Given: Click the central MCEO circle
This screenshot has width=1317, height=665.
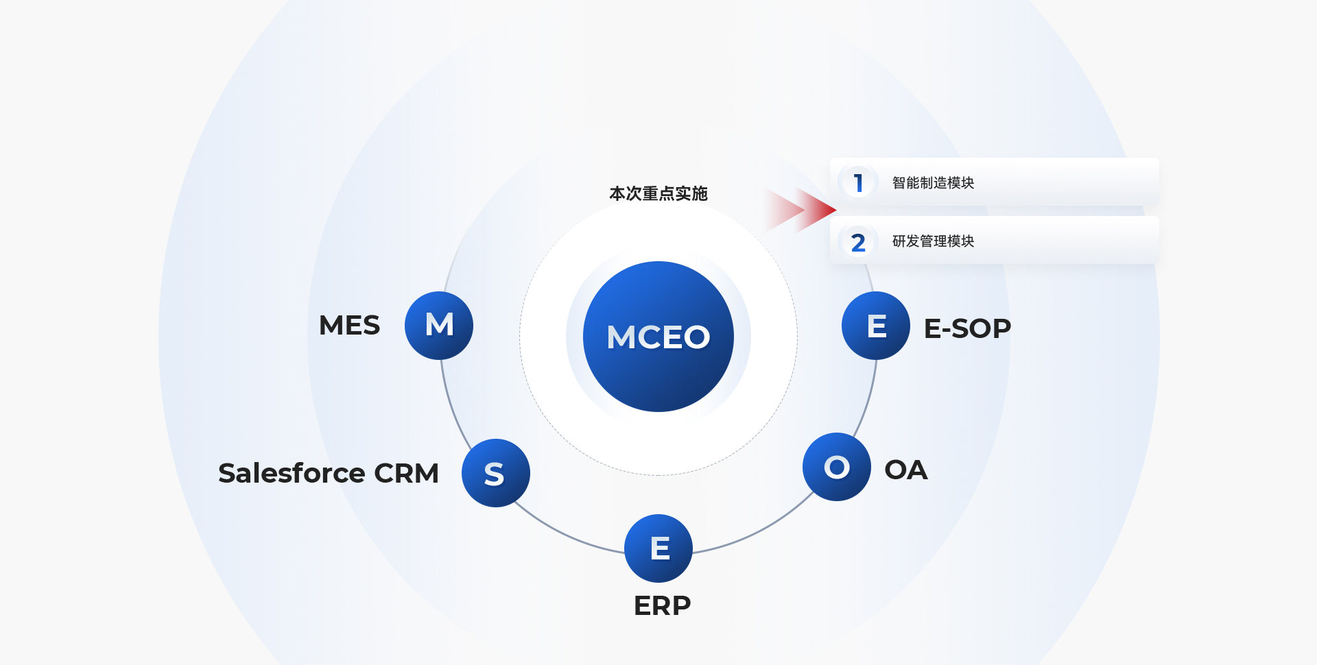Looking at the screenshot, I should pyautogui.click(x=658, y=337).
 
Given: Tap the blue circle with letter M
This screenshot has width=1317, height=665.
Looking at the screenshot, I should pyautogui.click(x=439, y=325).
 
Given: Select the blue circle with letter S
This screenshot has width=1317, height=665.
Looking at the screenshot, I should pyautogui.click(x=495, y=473).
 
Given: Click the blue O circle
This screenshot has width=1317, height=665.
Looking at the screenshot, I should pyautogui.click(x=837, y=467).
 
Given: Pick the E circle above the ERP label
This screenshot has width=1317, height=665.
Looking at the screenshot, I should pyautogui.click(x=658, y=548).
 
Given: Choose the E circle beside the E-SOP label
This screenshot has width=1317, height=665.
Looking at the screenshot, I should pyautogui.click(x=876, y=326).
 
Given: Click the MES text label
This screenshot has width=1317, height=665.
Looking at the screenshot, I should pyautogui.click(x=349, y=325).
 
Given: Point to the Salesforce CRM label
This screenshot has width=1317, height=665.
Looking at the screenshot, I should pyautogui.click(x=328, y=473).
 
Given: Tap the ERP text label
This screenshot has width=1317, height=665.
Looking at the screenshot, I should pyautogui.click(x=662, y=605).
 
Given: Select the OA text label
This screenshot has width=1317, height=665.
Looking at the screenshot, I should pyautogui.click(x=905, y=470).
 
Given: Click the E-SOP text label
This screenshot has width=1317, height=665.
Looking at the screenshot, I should pyautogui.click(x=967, y=328).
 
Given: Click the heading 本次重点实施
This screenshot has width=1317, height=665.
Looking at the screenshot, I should pyautogui.click(x=658, y=193).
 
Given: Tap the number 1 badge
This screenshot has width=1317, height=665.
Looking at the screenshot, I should pyautogui.click(x=858, y=182).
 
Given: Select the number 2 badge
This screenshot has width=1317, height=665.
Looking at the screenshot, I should pyautogui.click(x=858, y=242).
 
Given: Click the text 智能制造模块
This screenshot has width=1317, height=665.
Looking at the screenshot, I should pyautogui.click(x=933, y=182).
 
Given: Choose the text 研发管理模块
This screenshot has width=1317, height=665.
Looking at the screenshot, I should pyautogui.click(x=933, y=241).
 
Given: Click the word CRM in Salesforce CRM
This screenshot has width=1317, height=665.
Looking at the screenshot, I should pyautogui.click(x=406, y=473).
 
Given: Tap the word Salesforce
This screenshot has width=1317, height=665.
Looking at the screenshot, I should pyautogui.click(x=292, y=473).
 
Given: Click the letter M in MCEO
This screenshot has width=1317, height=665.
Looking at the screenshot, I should pyautogui.click(x=621, y=337).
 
